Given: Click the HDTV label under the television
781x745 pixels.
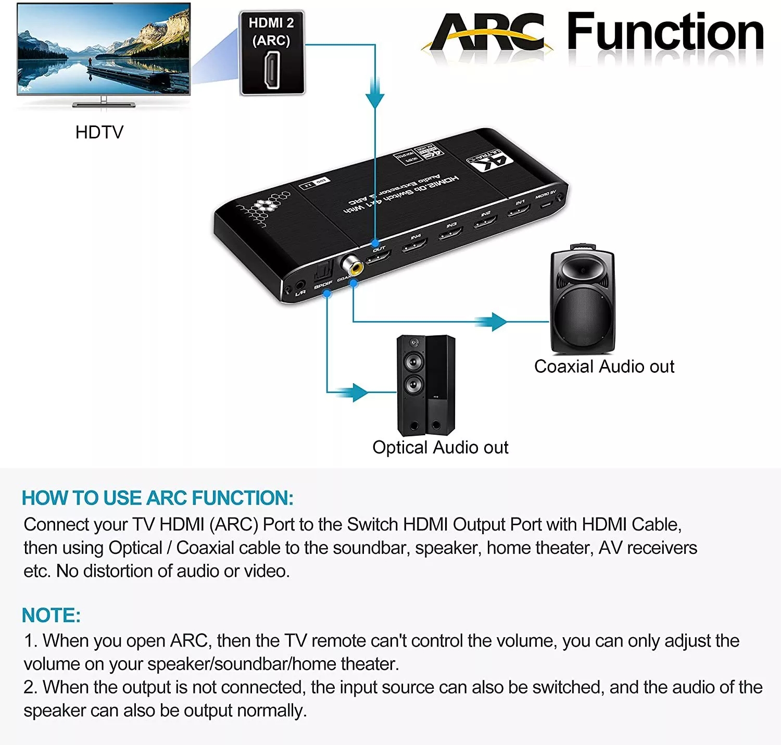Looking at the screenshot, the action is point(99,132).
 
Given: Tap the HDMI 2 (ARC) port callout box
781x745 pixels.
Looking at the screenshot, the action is point(271,53).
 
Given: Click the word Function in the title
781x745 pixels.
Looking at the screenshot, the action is point(665,32).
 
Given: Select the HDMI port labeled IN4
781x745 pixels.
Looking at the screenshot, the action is point(414,245).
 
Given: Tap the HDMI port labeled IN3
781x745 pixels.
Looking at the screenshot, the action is point(450,233).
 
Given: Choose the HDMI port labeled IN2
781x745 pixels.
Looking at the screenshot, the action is point(485,222).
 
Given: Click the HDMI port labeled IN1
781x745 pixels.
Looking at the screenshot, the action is point(519,210).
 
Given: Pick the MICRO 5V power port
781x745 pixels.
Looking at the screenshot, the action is point(546,203).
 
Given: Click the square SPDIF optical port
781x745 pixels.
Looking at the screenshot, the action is point(322,272).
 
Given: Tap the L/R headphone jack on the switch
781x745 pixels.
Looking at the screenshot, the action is point(299,285).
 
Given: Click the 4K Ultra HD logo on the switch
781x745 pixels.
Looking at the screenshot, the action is point(490,161).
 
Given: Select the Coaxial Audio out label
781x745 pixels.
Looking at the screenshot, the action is point(604,367).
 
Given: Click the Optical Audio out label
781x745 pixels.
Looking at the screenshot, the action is point(440,447).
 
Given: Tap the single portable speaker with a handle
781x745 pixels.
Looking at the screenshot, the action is point(583,299).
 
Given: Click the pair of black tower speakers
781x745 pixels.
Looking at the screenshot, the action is point(426,385).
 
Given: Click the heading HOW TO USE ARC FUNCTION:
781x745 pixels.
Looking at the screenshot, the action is point(157,498).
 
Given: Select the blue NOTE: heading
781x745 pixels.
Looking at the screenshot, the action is point(51,615).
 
